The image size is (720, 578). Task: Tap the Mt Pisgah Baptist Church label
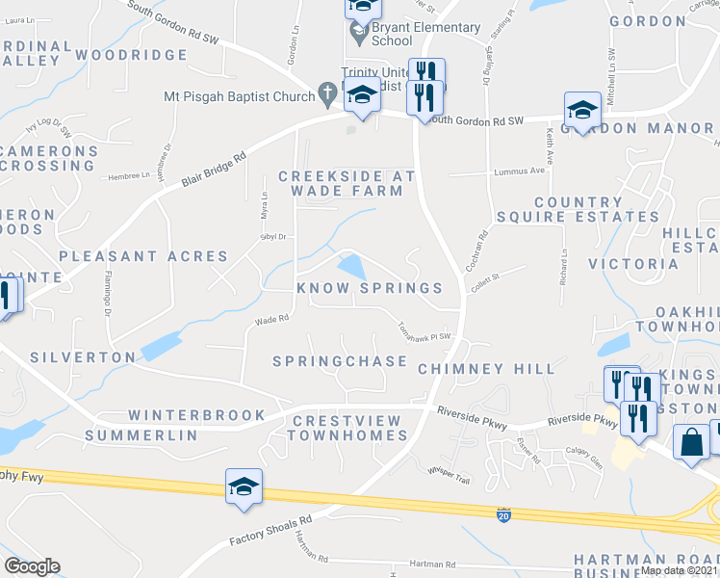239,96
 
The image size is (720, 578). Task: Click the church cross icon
327,95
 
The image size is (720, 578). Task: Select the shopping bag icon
692,444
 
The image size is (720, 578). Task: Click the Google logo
32,566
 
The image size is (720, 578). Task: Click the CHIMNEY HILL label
486,369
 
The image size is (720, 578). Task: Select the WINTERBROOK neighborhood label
196,415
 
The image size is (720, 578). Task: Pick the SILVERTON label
83,357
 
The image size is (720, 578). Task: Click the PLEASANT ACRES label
143,256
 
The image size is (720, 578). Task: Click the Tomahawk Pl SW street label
424,329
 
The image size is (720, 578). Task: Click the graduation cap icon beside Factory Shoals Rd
244,486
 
